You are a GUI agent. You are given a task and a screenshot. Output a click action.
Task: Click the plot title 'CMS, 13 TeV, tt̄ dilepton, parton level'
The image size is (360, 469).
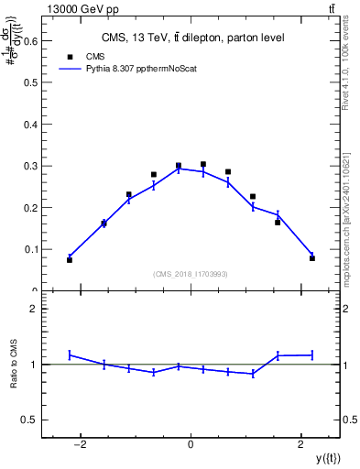tap(191, 38)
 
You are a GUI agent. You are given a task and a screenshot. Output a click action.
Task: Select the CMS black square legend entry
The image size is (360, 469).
tap(70, 56)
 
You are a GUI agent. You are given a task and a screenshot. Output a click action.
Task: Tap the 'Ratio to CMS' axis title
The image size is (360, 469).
tap(14, 365)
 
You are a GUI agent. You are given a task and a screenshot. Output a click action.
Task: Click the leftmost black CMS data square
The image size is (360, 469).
tap(70, 260)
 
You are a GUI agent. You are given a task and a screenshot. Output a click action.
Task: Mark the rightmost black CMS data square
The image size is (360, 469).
tap(312, 258)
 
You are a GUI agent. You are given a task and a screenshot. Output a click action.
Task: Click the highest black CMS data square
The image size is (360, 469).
tap(203, 165)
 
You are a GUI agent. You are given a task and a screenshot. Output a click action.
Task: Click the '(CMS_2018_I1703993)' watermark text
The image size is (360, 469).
tap(191, 274)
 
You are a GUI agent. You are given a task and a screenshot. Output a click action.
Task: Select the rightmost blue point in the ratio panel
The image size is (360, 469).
tap(312, 354)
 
